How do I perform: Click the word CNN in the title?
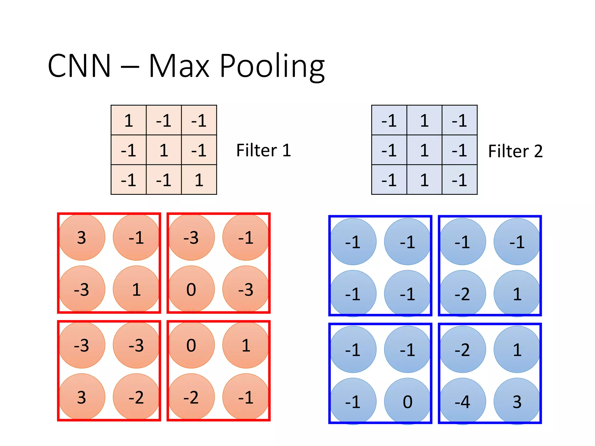point(79,66)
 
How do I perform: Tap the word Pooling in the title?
point(272,67)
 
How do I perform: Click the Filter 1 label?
point(264,150)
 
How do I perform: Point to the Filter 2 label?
point(515,151)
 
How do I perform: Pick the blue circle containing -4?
point(463,401)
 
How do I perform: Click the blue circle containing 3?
point(517,401)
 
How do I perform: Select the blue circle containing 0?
point(407,401)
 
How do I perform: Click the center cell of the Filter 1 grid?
point(164,150)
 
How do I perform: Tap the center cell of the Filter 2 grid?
point(424,150)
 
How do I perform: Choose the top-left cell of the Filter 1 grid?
point(129,120)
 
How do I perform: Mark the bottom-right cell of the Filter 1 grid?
point(199,180)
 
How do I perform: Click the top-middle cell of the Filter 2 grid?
point(424,120)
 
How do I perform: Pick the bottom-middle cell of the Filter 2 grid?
point(424,180)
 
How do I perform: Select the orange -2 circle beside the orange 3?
point(136,397)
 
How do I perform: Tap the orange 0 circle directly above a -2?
point(191,345)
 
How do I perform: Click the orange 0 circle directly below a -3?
point(191,289)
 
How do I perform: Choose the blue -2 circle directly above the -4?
point(463,349)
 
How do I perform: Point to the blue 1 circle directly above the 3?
point(517,349)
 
